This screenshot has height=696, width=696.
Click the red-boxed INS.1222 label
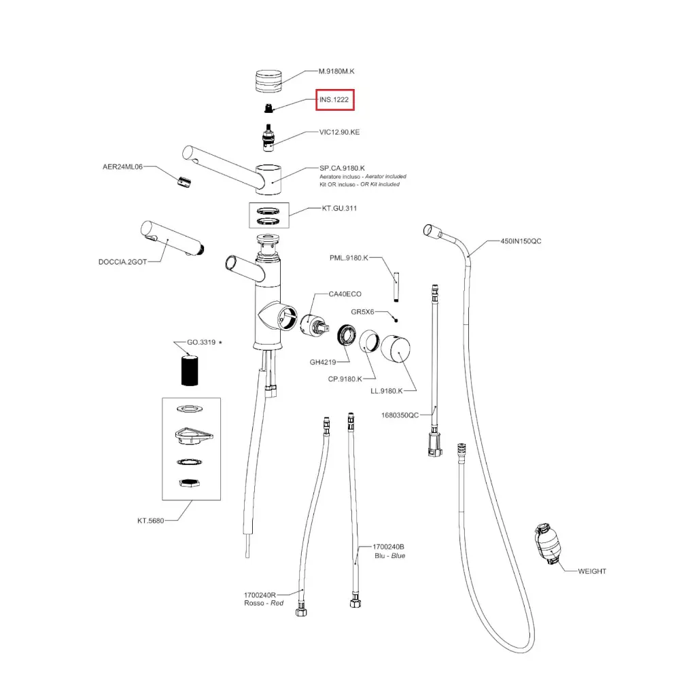pos(334,101)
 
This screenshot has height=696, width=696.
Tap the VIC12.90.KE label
pos(339,132)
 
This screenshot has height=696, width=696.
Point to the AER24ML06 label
pos(122,166)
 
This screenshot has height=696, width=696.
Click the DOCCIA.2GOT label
pos(122,262)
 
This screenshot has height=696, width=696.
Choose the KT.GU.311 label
pos(339,208)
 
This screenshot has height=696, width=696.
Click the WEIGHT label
pos(591,571)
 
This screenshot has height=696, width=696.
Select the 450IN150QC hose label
pos(521,241)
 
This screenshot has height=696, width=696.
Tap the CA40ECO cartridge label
pos(345,294)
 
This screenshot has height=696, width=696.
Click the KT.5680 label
pos(150,521)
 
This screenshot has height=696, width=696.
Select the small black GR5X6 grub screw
pos(396,319)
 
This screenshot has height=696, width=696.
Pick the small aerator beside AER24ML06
pos(183,181)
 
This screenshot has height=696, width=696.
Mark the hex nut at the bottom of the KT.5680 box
pos(189,484)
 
